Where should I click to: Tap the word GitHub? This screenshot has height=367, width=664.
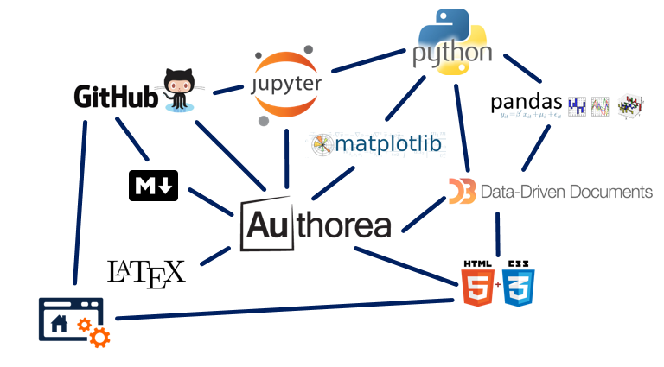click(x=116, y=97)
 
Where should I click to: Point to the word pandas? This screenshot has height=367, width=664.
click(x=527, y=103)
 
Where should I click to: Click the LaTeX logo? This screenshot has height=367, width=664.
click(x=145, y=272)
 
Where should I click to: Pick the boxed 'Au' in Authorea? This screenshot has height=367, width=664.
click(x=267, y=225)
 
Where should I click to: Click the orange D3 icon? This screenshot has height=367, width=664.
click(x=462, y=191)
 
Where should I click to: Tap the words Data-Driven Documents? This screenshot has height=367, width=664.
click(x=565, y=191)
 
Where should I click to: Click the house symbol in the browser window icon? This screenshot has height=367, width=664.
click(x=59, y=324)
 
